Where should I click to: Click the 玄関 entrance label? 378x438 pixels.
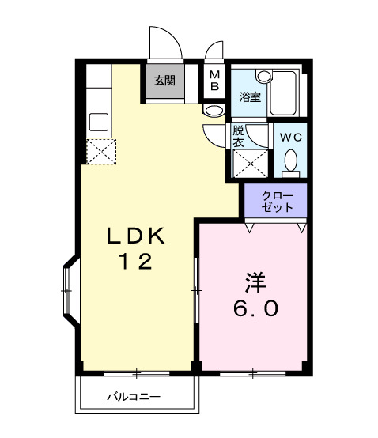pyautogui.click(x=164, y=80)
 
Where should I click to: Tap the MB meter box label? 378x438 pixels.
pyautogui.click(x=214, y=80)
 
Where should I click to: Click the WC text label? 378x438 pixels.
pyautogui.click(x=291, y=136)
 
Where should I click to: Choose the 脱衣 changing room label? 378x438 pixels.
pyautogui.click(x=238, y=136)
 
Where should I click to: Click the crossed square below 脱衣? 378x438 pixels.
pyautogui.click(x=248, y=163)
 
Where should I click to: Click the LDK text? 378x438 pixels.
pyautogui.click(x=136, y=236)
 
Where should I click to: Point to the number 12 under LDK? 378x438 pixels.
pyautogui.click(x=136, y=262)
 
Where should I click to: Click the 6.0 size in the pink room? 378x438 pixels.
pyautogui.click(x=255, y=308)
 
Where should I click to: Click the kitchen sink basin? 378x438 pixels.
pyautogui.click(x=100, y=122)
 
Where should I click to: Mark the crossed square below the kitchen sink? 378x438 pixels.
pyautogui.click(x=101, y=150)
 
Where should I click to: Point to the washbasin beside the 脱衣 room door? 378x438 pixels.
pyautogui.click(x=213, y=111)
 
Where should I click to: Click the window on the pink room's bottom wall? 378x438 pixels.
pyautogui.click(x=252, y=372)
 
